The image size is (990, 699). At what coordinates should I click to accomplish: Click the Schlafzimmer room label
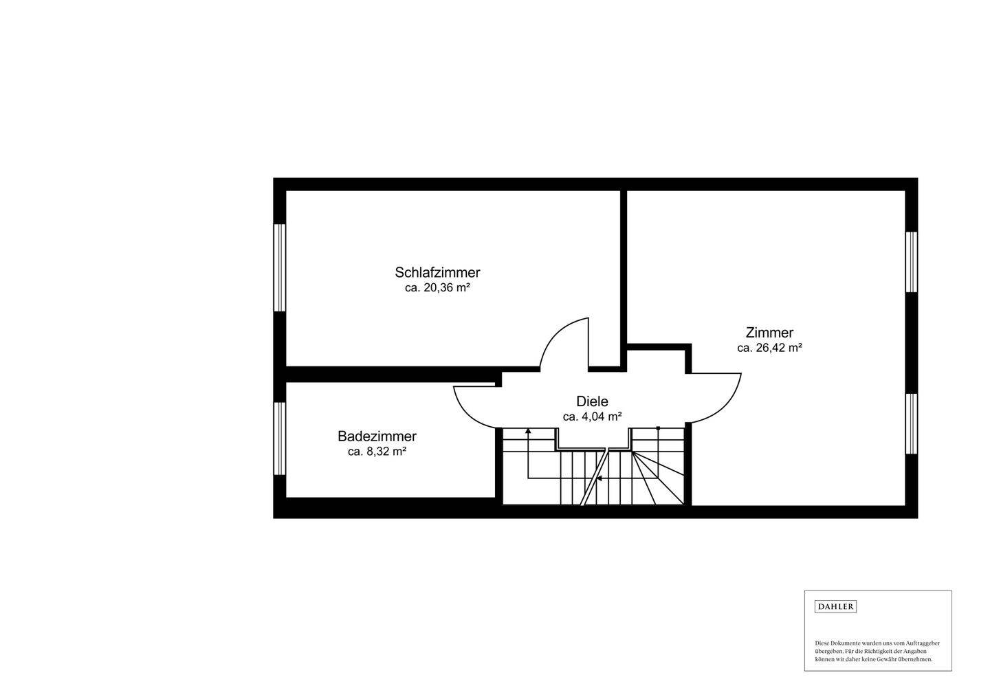[437, 273]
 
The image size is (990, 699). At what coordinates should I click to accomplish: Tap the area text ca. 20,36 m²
[437, 288]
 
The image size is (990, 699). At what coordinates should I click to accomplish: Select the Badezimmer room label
[377, 436]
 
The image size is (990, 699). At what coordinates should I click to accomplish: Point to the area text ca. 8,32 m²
[377, 452]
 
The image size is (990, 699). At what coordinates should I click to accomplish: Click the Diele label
[592, 401]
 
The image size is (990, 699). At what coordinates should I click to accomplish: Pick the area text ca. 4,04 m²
[592, 417]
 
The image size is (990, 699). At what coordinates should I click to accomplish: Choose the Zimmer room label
[769, 333]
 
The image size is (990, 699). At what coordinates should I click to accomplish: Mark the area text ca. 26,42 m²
[769, 348]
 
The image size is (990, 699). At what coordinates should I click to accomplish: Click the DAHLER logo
[835, 606]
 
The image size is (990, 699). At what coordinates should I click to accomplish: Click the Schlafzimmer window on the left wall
[280, 267]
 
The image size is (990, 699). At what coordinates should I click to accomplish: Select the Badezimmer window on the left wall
[280, 439]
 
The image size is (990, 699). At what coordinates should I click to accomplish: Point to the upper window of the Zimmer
[911, 263]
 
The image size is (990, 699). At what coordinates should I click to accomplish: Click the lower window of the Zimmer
[911, 423]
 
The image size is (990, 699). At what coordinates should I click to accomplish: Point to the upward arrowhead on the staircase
[528, 431]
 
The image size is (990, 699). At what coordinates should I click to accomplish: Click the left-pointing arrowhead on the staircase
[599, 478]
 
